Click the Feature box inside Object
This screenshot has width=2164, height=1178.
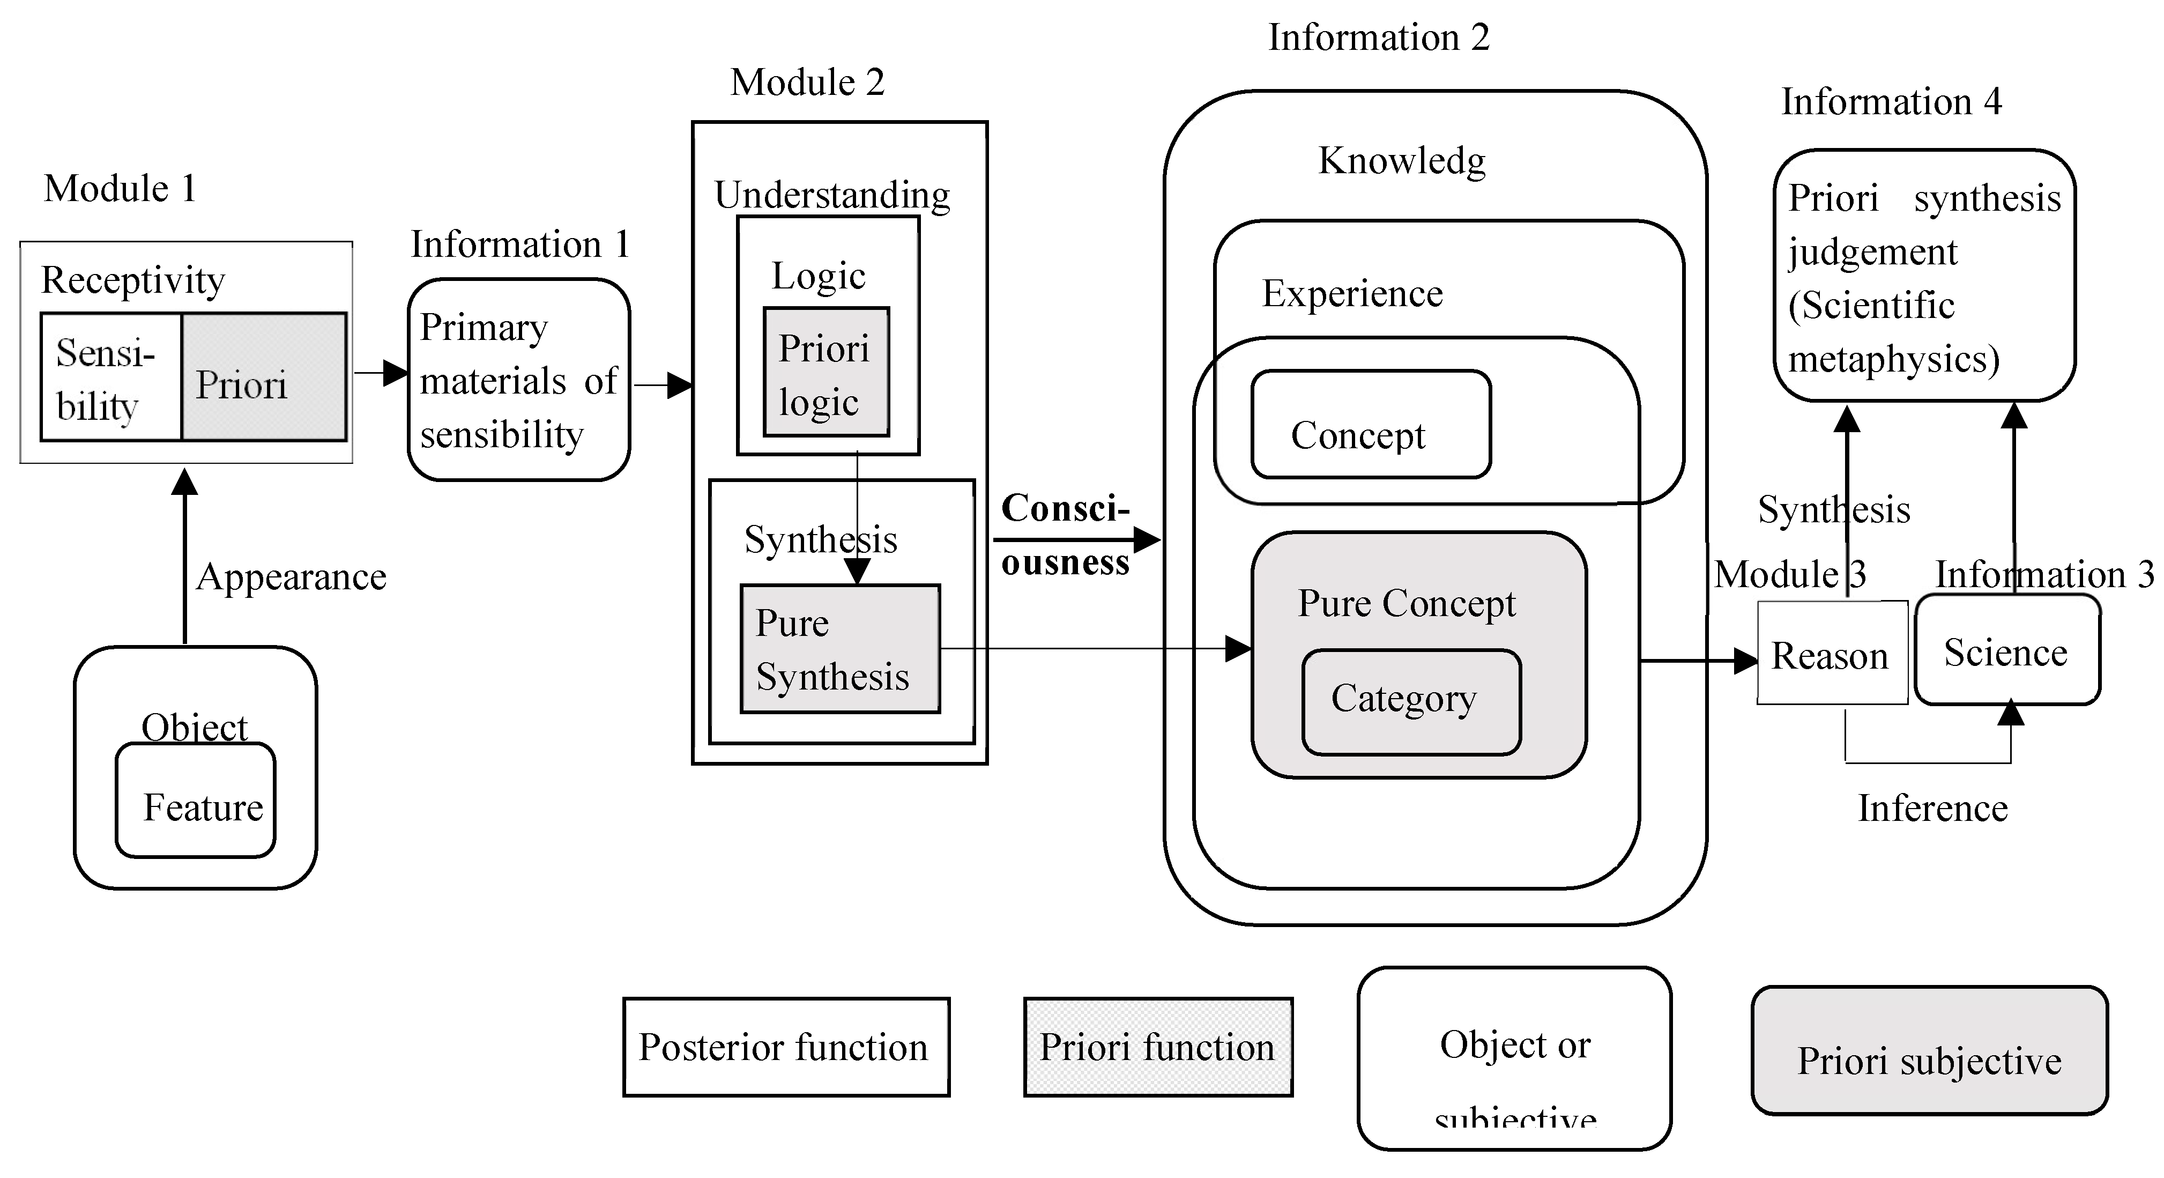pyautogui.click(x=196, y=801)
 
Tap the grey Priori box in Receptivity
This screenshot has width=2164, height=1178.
pyautogui.click(x=264, y=377)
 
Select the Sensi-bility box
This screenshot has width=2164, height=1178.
pyautogui.click(x=111, y=377)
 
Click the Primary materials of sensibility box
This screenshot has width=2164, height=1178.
pyautogui.click(x=518, y=380)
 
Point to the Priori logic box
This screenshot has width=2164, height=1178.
pyautogui.click(x=826, y=372)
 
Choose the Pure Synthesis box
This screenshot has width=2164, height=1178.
pyautogui.click(x=839, y=649)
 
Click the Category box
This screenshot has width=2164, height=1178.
pyautogui.click(x=1411, y=701)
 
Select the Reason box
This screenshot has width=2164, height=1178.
pyautogui.click(x=1831, y=654)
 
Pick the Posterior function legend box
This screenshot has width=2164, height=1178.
pyautogui.click(x=785, y=1047)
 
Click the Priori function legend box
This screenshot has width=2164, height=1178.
pyautogui.click(x=1158, y=1047)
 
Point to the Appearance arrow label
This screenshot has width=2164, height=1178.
pyautogui.click(x=291, y=577)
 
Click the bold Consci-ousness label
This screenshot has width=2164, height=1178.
pyautogui.click(x=1065, y=535)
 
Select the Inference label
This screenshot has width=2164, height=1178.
pyautogui.click(x=1932, y=808)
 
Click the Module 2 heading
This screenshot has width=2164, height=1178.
pyautogui.click(x=807, y=83)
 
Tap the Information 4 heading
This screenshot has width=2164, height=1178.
pyautogui.click(x=1891, y=102)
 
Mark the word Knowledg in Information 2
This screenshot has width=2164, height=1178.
pyautogui.click(x=1401, y=160)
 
